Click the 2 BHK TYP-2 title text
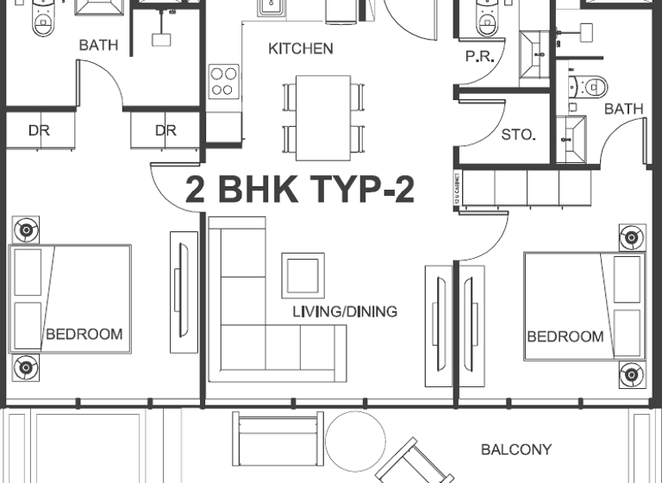click(299, 190)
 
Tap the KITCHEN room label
click(300, 49)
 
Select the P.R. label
click(478, 57)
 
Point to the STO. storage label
click(518, 135)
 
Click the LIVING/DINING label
click(344, 311)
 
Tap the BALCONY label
click(515, 449)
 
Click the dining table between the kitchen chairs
click(322, 117)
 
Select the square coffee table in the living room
click(303, 275)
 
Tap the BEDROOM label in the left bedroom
click(84, 334)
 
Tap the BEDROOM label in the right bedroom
click(565, 336)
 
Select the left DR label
click(39, 131)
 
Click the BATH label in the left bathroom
click(98, 45)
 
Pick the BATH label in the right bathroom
click(623, 109)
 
